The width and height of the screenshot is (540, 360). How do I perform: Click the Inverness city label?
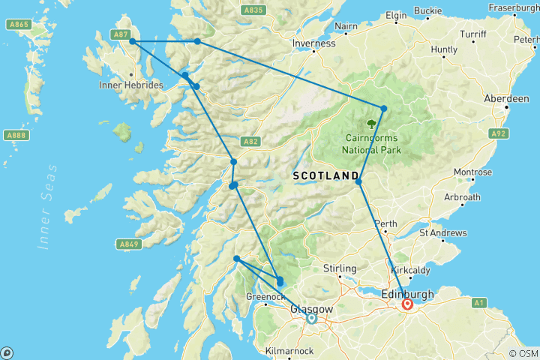click(x=314, y=43)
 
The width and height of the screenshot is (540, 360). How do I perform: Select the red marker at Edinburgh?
click(x=407, y=304)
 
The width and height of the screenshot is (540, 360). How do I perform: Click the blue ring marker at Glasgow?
click(x=311, y=319)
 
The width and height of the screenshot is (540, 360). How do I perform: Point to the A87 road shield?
click(x=120, y=34)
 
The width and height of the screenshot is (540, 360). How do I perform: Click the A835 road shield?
click(x=254, y=10)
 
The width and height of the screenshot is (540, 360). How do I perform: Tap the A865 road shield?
click(x=19, y=25)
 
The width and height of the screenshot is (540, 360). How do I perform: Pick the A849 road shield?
click(x=128, y=244)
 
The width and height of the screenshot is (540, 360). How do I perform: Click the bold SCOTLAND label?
click(x=325, y=175)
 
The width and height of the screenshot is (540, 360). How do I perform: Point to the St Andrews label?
click(x=443, y=233)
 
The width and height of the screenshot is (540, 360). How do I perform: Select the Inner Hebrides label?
click(x=131, y=85)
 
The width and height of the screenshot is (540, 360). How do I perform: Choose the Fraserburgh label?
click(x=514, y=7)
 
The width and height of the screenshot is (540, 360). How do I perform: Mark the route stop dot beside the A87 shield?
click(x=133, y=42)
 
